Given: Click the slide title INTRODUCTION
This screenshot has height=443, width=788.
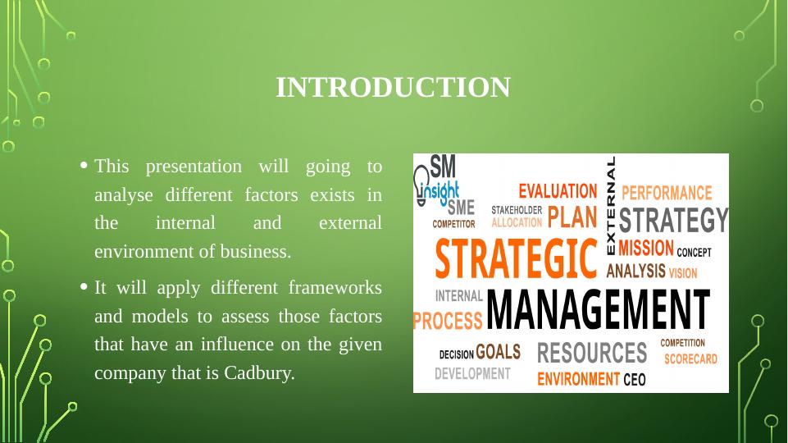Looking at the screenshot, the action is (393, 88).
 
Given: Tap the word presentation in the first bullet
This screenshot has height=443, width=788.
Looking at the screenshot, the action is (194, 167).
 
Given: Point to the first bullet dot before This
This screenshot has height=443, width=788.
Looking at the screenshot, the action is (84, 165).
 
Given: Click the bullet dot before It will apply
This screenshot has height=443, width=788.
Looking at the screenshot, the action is (84, 286).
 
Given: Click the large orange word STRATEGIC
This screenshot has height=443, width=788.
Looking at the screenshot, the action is (516, 259).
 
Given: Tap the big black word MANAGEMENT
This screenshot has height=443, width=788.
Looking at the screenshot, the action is (598, 309).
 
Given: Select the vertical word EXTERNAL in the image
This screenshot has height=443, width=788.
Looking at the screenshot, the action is (611, 205).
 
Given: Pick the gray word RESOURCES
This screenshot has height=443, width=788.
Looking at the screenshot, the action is (592, 353).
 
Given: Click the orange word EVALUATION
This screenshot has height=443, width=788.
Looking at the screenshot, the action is (558, 192).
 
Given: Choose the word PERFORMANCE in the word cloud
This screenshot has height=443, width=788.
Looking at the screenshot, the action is (667, 193).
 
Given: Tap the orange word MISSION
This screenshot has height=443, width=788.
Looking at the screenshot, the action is (646, 248).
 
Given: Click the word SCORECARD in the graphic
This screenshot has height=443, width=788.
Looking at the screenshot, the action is (690, 359).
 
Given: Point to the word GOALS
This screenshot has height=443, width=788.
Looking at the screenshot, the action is (498, 352).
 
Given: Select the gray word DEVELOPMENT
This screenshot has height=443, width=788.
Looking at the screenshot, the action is (472, 373).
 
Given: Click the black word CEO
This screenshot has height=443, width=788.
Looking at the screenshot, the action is (634, 379).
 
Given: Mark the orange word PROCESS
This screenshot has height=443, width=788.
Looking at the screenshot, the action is (447, 321).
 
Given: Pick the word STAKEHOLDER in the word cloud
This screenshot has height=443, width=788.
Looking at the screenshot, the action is (517, 210).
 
